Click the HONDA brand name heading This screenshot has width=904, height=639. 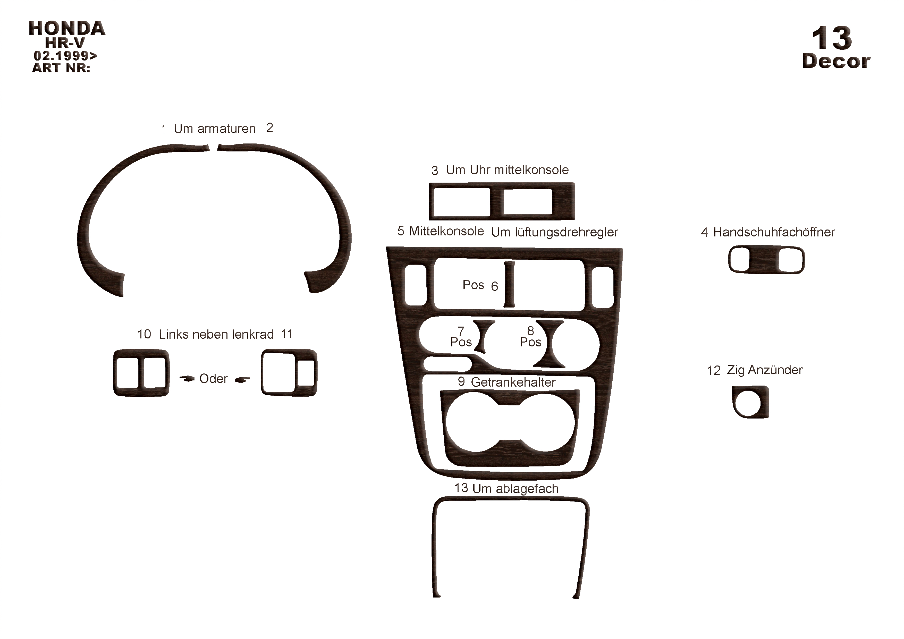coord(67,28)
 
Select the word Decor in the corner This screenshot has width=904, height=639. coord(836,61)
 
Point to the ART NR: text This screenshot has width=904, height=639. coord(61,68)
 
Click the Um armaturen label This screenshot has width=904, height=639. coord(215,129)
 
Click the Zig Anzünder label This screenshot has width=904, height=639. coord(764,370)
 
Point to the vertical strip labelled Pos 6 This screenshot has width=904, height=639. coord(509,284)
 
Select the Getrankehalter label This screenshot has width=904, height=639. coord(513,382)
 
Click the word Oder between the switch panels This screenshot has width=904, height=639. coord(213,379)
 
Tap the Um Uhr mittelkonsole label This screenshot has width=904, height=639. coord(507,170)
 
